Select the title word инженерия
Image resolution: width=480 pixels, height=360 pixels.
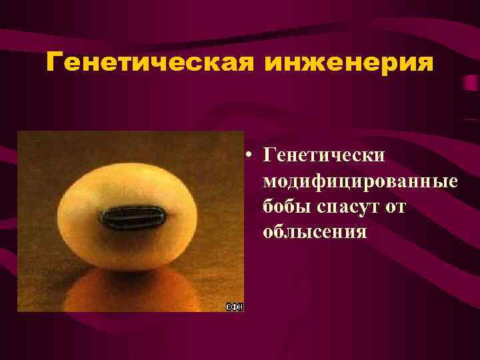(x=349, y=63)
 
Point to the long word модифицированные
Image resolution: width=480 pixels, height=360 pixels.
(x=361, y=181)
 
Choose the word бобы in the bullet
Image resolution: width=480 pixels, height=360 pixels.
(x=286, y=207)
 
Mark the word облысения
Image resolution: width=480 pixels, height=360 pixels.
(x=315, y=232)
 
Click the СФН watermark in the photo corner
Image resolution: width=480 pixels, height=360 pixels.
(x=235, y=307)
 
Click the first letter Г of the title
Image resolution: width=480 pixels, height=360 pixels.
(x=55, y=63)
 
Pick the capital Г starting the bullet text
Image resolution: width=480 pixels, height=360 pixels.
(x=269, y=156)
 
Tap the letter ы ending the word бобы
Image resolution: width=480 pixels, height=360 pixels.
(x=303, y=207)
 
